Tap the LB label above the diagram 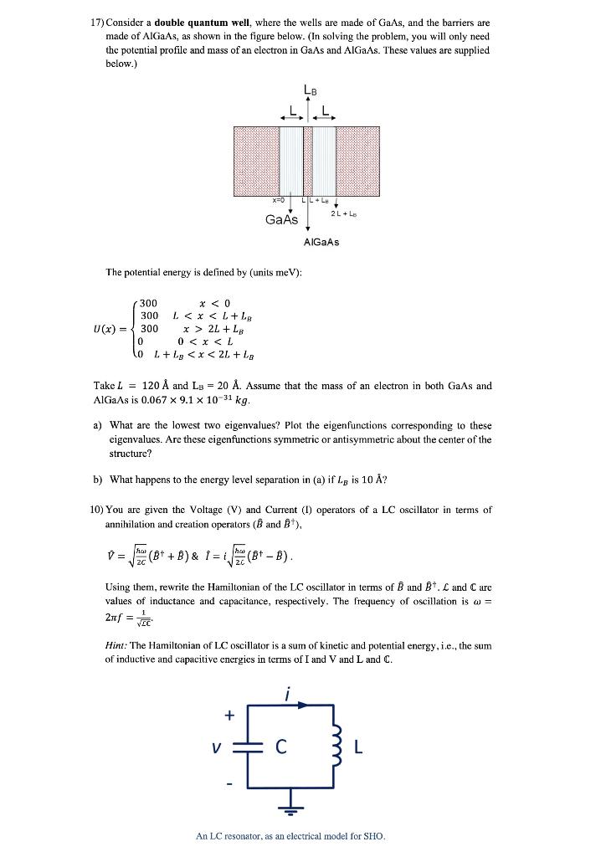tap(311, 91)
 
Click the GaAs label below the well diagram tap(280, 219)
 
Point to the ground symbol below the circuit tap(293, 811)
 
